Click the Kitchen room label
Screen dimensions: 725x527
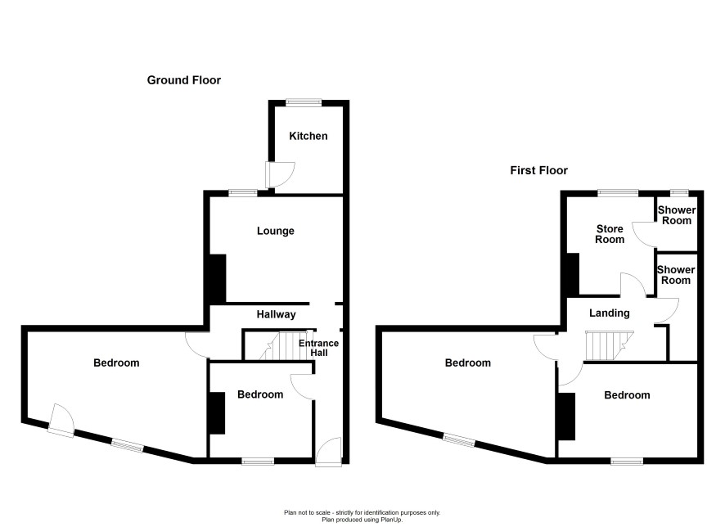(x=308, y=136)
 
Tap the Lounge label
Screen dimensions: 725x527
(x=276, y=231)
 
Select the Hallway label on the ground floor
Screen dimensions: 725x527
(x=276, y=314)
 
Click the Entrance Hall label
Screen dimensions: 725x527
(x=318, y=348)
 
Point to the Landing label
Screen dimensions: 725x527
(x=609, y=313)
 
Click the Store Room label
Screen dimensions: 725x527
(x=610, y=234)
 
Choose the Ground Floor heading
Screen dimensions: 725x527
(x=183, y=80)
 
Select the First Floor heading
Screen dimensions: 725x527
(x=538, y=170)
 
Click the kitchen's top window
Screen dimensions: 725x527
(x=304, y=102)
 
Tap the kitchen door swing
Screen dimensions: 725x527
(x=279, y=174)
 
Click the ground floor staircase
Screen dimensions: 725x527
(x=283, y=345)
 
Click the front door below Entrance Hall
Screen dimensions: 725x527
(x=329, y=452)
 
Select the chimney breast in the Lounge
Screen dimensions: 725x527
(x=218, y=278)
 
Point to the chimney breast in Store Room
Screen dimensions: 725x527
(x=573, y=273)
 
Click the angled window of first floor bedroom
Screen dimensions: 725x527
(x=459, y=439)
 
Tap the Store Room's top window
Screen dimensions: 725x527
(x=618, y=193)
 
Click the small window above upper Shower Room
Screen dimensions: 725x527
(x=679, y=193)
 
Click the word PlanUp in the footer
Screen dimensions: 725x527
(x=391, y=520)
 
